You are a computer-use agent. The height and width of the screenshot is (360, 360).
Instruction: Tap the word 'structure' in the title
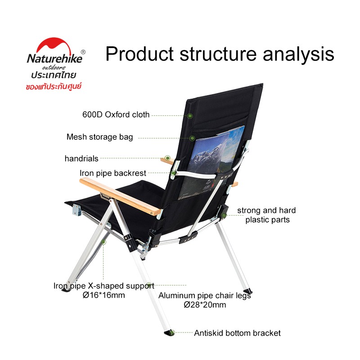218,54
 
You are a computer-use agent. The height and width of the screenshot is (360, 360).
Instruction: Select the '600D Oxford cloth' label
116,115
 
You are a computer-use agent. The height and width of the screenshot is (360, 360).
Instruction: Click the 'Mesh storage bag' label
99,137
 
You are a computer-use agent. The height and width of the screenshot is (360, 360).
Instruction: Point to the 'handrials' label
81,158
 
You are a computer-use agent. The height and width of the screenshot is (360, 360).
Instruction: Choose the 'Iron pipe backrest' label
113,173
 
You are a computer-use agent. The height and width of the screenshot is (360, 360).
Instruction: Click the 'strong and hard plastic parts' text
266,215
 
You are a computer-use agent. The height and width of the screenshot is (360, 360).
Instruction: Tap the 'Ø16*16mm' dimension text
104,295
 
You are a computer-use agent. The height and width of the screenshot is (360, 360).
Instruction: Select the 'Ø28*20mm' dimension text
205,305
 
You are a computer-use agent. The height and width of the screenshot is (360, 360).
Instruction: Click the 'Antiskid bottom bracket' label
237,333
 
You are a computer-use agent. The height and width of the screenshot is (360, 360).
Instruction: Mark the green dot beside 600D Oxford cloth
189,116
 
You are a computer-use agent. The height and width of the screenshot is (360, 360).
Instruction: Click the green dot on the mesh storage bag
192,138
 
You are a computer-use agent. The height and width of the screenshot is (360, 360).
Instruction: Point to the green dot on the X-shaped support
103,242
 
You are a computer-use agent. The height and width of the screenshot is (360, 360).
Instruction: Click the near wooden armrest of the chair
120,196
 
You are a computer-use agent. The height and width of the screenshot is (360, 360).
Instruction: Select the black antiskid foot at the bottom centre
170,333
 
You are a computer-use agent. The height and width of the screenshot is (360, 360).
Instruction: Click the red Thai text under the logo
54,87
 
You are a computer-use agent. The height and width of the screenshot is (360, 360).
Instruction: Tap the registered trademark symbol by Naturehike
83,52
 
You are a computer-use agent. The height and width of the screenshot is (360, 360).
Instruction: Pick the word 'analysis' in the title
298,54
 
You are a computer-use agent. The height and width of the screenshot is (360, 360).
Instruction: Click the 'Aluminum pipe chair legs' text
205,296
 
